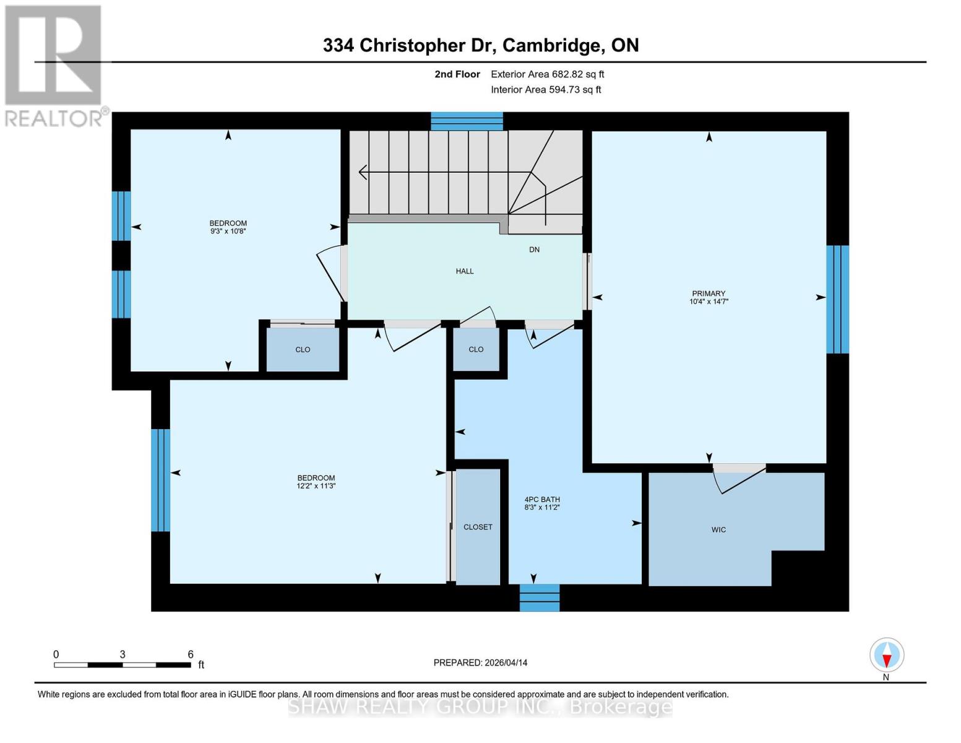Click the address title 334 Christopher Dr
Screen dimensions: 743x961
(480, 45)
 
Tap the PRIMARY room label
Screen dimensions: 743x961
(709, 293)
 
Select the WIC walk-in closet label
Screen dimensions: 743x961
(718, 530)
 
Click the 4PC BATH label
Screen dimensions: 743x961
(542, 499)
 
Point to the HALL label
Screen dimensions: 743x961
(465, 271)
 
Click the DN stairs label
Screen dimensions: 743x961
(534, 250)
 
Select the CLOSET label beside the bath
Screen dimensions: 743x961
(478, 527)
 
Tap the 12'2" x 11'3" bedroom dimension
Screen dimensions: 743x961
(316, 486)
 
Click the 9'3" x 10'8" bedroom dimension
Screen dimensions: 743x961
(228, 231)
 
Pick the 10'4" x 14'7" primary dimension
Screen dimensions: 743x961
(709, 302)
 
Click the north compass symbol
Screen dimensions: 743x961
(887, 655)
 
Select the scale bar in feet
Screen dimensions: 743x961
(123, 665)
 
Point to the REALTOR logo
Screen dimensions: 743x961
(54, 65)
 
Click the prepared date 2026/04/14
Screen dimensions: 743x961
(480, 663)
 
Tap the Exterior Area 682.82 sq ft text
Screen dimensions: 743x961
(547, 74)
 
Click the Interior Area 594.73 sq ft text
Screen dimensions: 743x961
(546, 90)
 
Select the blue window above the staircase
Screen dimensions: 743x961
(467, 121)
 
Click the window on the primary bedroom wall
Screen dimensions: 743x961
(837, 299)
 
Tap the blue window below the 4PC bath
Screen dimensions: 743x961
(540, 597)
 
